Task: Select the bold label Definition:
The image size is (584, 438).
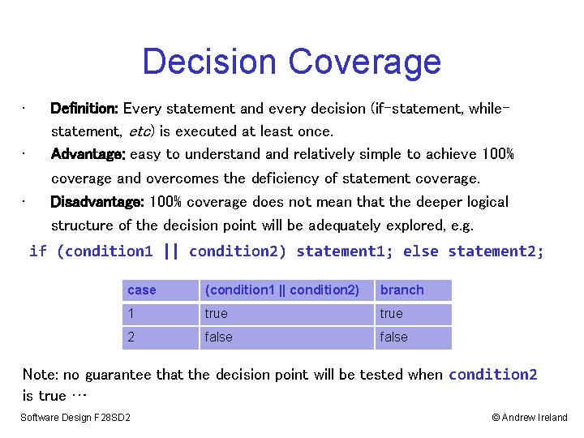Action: [x=84, y=108]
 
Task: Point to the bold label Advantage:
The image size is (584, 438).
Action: [x=88, y=154]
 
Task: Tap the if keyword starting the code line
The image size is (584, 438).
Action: [x=37, y=251]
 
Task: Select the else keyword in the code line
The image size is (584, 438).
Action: [x=421, y=251]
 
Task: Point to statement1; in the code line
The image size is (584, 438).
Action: [x=345, y=251]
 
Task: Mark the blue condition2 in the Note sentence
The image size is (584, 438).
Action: [x=492, y=374]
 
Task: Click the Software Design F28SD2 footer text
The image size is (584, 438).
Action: [x=75, y=418]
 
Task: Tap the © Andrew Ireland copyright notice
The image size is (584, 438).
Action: [x=529, y=418]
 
